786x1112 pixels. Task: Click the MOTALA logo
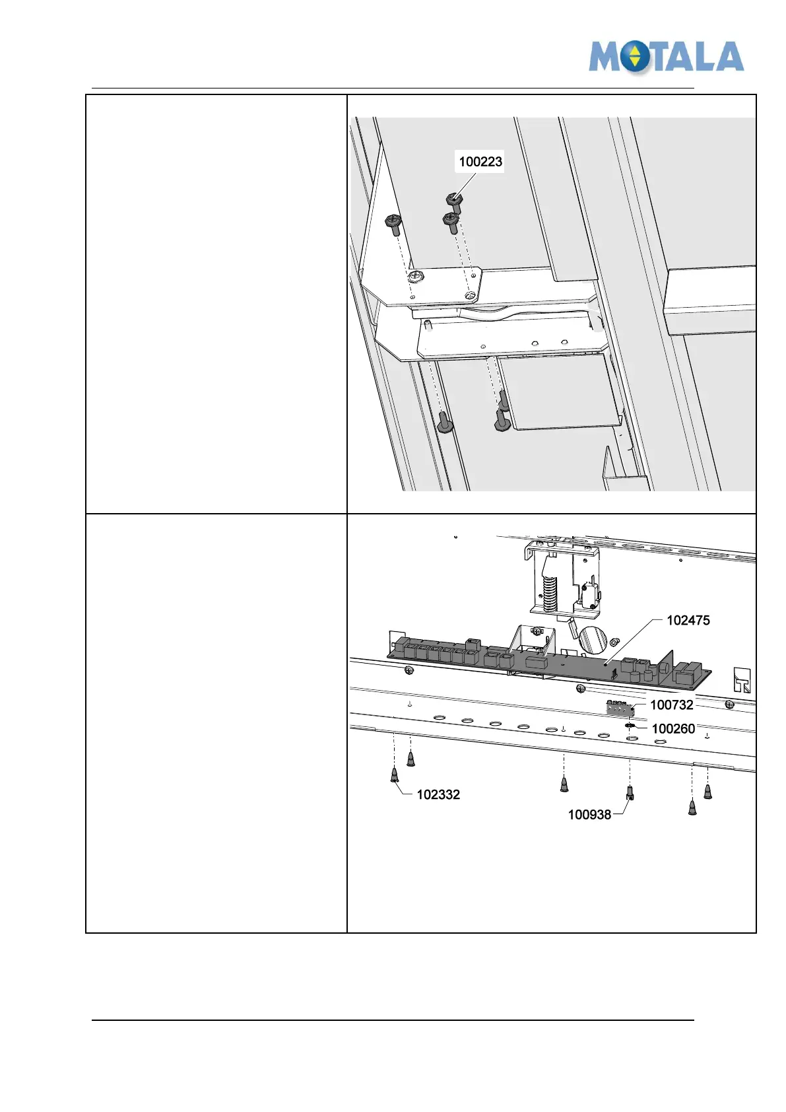666,57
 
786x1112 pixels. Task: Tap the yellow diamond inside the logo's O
634,56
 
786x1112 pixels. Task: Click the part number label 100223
480,162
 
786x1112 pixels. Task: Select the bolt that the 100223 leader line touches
455,201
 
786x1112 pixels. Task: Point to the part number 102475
688,620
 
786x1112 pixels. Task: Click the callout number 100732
671,705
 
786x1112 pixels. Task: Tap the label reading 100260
673,728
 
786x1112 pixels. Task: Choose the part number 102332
438,794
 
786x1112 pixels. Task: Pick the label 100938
589,815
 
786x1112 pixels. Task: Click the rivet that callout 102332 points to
395,775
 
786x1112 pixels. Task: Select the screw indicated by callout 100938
630,792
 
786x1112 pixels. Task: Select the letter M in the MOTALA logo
606,57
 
